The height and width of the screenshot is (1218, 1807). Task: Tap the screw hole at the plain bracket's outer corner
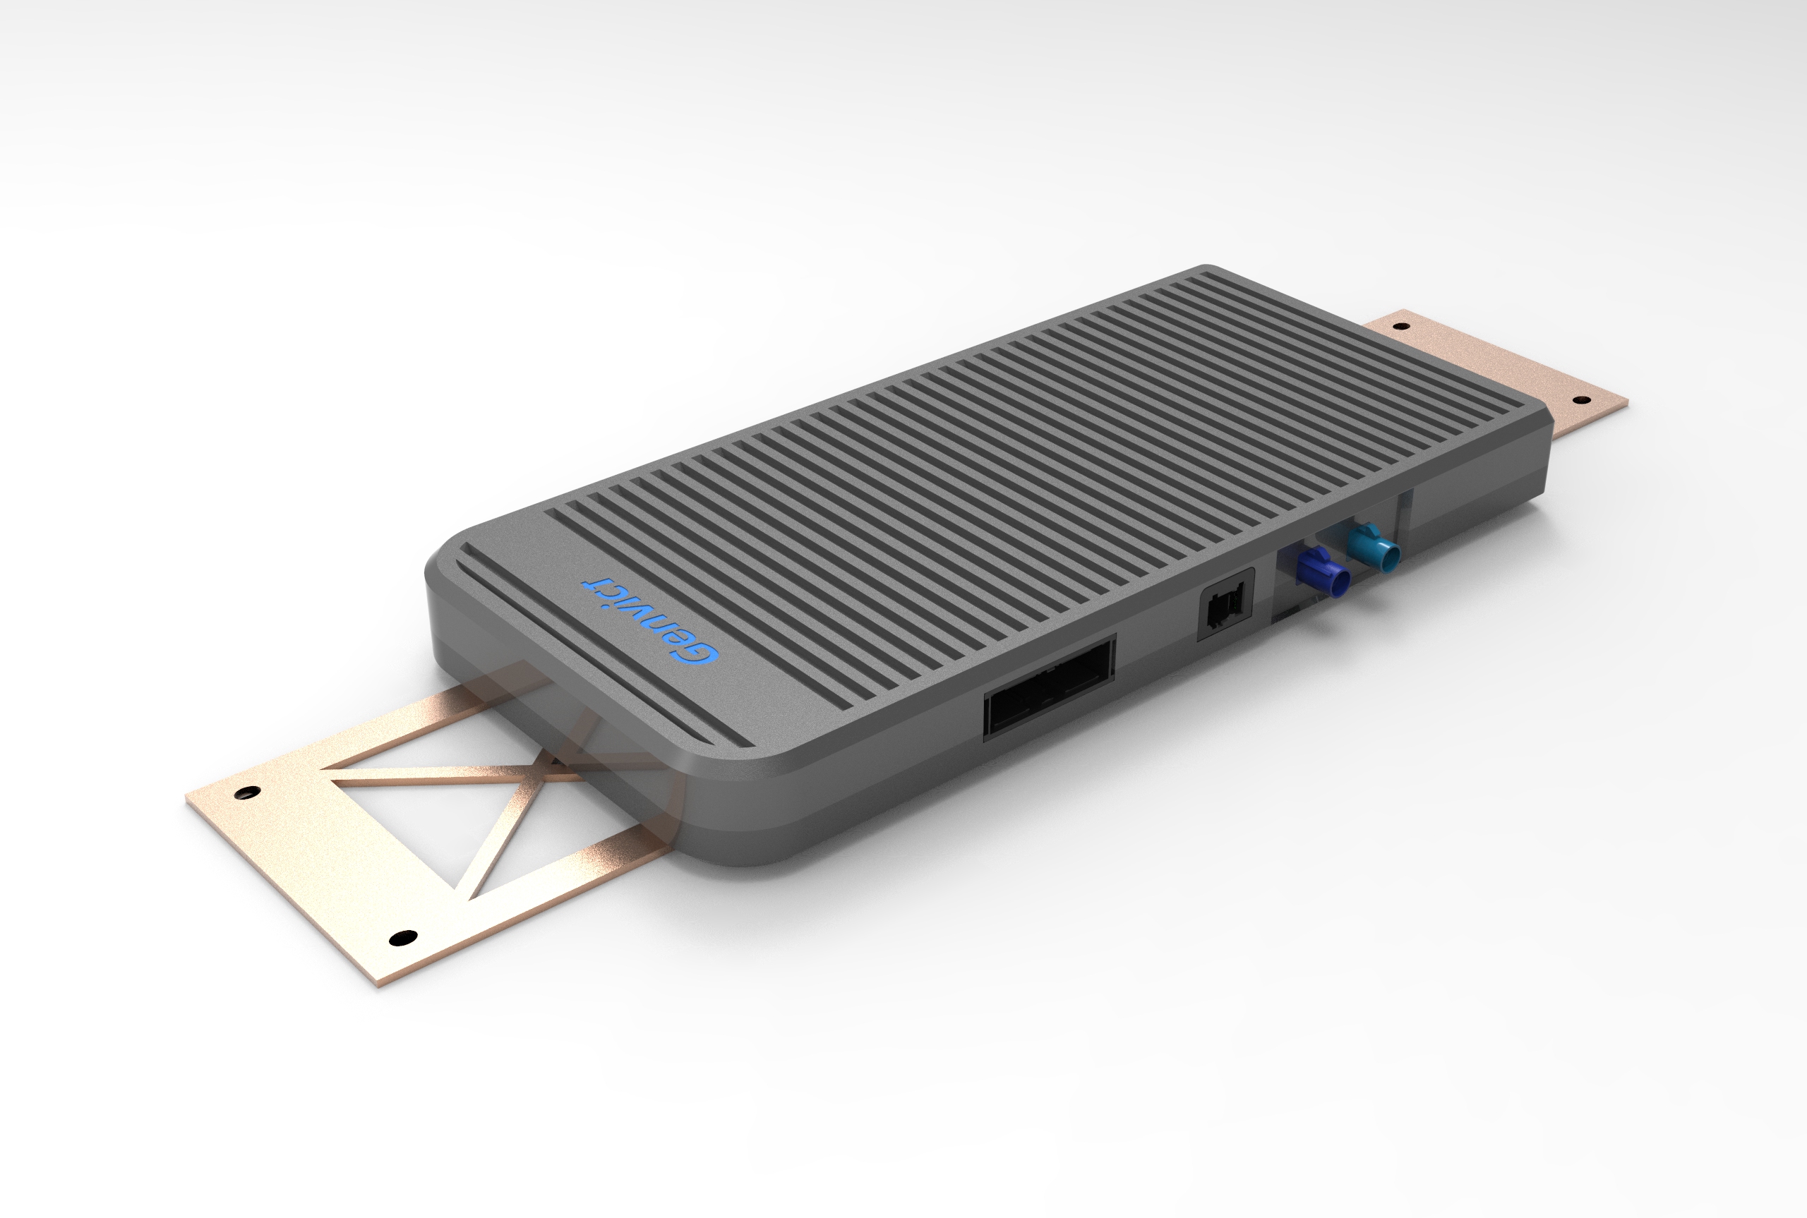1578,399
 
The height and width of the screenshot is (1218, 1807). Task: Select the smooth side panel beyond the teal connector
1476,497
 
